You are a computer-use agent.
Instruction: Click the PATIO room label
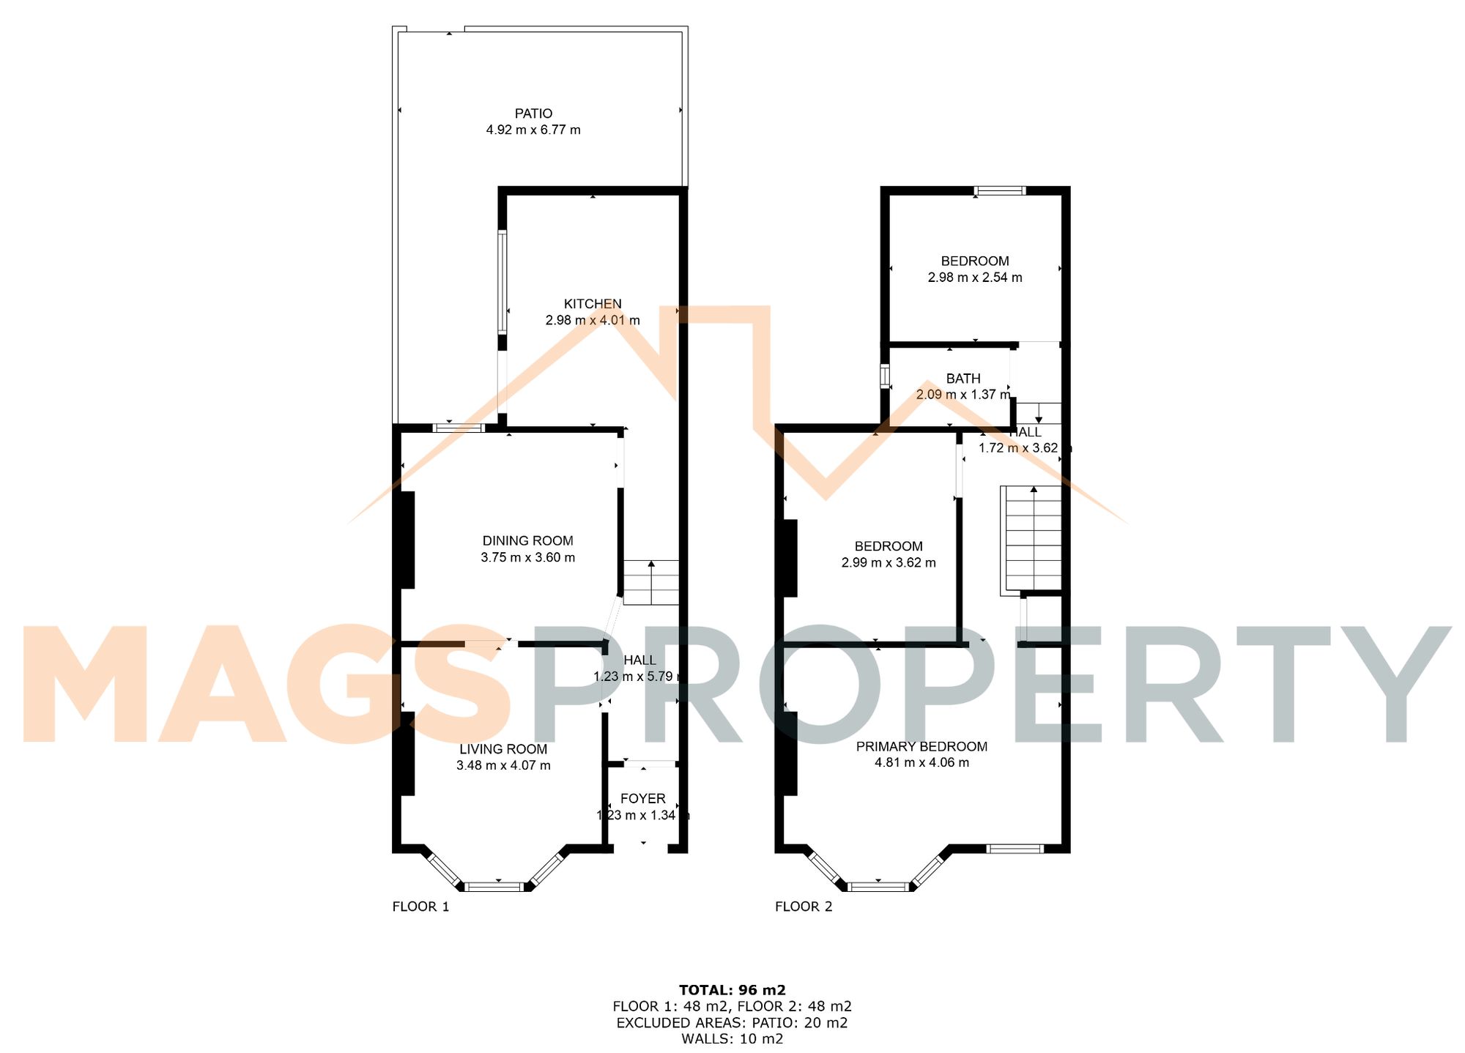(x=533, y=114)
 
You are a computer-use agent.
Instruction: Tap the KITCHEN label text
(x=593, y=304)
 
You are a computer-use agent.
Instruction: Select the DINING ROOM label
(x=527, y=541)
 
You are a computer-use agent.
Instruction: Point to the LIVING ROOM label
(x=503, y=749)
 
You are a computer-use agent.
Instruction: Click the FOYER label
(x=642, y=799)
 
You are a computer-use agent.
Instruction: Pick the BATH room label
(x=963, y=379)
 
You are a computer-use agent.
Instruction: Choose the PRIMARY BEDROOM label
(x=921, y=747)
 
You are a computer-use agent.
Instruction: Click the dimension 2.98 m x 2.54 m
(x=974, y=278)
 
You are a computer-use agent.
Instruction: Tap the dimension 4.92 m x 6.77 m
(x=533, y=130)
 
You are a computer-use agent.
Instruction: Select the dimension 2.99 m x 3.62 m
(x=888, y=563)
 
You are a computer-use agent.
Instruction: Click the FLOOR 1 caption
(x=420, y=907)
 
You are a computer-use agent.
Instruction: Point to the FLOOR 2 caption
(x=804, y=907)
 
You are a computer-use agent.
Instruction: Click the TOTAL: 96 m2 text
(x=732, y=991)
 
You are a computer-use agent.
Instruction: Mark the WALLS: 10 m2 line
(x=732, y=1039)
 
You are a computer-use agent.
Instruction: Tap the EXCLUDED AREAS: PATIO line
(x=732, y=1023)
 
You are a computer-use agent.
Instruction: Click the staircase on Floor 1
(x=650, y=583)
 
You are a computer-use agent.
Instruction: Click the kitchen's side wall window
(x=502, y=282)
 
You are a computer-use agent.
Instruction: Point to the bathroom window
(x=885, y=376)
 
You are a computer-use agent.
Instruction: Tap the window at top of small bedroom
(x=999, y=191)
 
